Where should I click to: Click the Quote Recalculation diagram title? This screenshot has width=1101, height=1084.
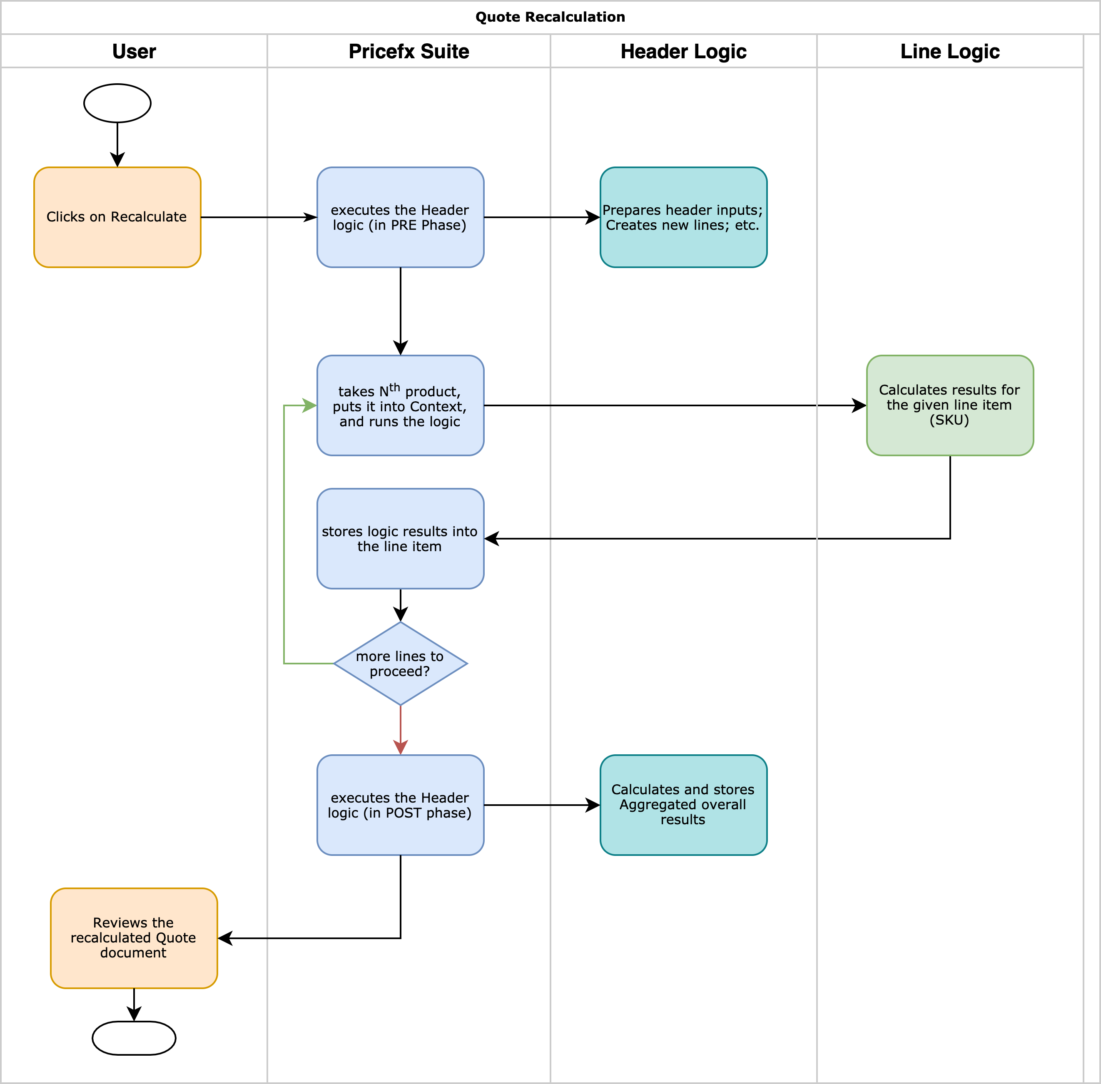click(x=550, y=17)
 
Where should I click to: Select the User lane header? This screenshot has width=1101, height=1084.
click(x=134, y=51)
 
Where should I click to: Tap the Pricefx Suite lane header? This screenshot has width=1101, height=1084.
click(x=409, y=51)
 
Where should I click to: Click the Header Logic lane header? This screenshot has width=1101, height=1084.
click(x=683, y=51)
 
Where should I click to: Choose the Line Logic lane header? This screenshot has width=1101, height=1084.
click(x=949, y=51)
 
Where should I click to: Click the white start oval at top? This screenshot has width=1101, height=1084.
click(x=117, y=103)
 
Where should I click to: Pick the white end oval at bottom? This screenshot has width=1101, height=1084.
click(x=134, y=1038)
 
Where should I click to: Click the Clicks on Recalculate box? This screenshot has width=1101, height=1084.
click(x=117, y=217)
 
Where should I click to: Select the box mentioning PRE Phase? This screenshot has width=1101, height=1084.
click(x=401, y=217)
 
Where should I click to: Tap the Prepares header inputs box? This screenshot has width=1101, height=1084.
click(x=683, y=217)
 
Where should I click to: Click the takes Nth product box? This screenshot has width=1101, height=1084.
click(x=401, y=405)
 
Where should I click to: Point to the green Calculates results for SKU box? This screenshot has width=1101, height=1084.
click(x=949, y=405)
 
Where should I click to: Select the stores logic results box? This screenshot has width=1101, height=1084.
click(x=401, y=539)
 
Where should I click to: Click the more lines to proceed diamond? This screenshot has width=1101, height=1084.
click(x=401, y=663)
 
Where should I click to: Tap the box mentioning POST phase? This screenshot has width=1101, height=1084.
click(x=401, y=805)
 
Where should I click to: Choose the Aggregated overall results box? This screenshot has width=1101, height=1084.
click(x=683, y=805)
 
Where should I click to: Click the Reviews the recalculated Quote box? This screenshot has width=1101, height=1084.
click(x=134, y=938)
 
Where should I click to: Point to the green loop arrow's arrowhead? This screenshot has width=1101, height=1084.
click(x=310, y=405)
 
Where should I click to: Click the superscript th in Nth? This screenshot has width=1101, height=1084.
click(x=394, y=387)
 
